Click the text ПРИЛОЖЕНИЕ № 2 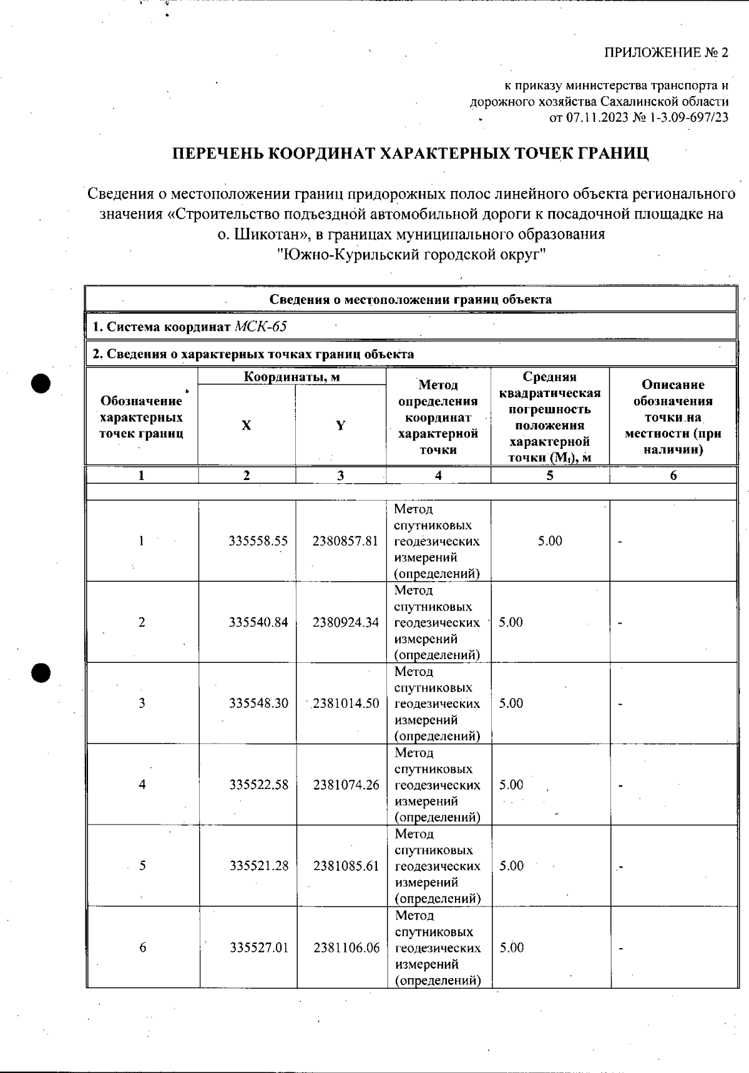click(665, 52)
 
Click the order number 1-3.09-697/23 click(689, 117)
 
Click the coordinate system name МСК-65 click(260, 326)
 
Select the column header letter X click(247, 425)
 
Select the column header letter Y click(340, 425)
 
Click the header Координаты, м click(291, 376)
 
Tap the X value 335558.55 click(258, 541)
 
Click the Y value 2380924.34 click(346, 622)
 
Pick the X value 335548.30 click(258, 703)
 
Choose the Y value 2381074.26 click(346, 785)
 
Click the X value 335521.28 click(259, 866)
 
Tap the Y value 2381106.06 click(346, 948)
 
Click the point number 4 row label click(142, 785)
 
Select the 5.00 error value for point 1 click(550, 541)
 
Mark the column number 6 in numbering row click(673, 476)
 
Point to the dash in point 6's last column click(620, 949)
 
